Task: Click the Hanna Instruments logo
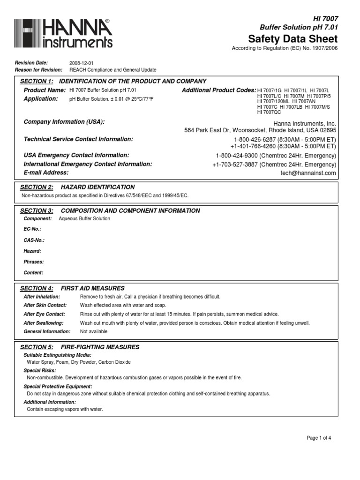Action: (x=63, y=33)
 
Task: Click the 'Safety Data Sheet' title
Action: (x=292, y=38)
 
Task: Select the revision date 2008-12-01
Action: (x=82, y=63)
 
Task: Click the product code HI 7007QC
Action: (x=269, y=112)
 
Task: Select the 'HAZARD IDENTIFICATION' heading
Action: (x=98, y=187)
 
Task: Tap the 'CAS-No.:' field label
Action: (x=34, y=240)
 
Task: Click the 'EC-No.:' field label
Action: (x=32, y=229)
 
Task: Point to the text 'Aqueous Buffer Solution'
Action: (x=84, y=218)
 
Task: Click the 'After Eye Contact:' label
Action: (x=44, y=314)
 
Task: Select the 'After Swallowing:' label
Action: (x=43, y=323)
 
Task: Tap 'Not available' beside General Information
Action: (x=94, y=331)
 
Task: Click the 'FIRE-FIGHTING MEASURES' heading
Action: (x=100, y=347)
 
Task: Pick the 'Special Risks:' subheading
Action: (x=39, y=370)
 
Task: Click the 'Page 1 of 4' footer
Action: (x=319, y=438)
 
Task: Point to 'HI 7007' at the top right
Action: (x=325, y=18)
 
